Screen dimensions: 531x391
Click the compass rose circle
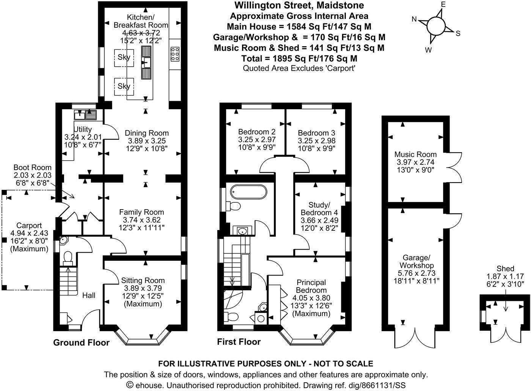click(x=436, y=27)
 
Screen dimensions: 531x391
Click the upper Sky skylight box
click(x=124, y=57)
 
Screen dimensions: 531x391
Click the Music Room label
click(x=415, y=154)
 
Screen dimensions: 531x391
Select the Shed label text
click(x=506, y=269)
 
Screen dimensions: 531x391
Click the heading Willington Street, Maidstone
click(x=299, y=5)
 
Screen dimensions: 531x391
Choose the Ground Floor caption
click(x=81, y=343)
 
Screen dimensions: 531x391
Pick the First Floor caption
click(x=239, y=342)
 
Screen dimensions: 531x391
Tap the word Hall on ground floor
click(x=89, y=295)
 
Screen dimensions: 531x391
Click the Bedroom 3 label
click(x=316, y=133)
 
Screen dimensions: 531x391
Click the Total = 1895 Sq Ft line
click(x=299, y=58)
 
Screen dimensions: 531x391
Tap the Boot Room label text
click(x=32, y=167)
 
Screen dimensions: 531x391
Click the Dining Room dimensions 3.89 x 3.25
click(x=146, y=141)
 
